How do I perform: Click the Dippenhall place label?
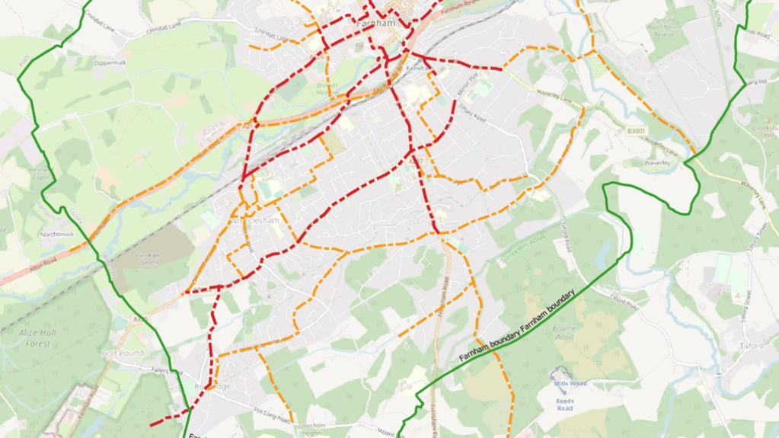(109, 64)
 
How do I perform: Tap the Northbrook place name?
(57, 234)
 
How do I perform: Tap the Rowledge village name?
(212, 386)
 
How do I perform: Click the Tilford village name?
(750, 345)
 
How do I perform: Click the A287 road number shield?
(415, 161)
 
